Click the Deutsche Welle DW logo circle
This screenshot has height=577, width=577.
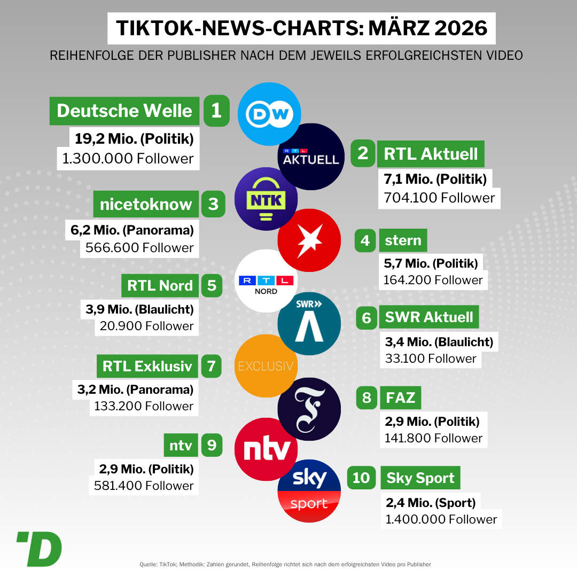[268, 114]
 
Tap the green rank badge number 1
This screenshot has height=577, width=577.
[216, 111]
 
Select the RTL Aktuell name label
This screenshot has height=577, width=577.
[431, 154]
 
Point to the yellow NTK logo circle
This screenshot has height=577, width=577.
[266, 199]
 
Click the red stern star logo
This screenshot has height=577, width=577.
[309, 240]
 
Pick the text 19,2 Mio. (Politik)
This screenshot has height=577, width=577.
[134, 139]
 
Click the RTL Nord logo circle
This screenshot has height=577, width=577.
[266, 281]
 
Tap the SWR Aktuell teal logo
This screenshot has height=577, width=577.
[309, 324]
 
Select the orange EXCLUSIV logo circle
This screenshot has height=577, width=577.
[266, 366]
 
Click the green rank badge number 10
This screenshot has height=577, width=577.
[361, 477]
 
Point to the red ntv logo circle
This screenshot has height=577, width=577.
[266, 449]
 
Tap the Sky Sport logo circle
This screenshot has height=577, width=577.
[309, 490]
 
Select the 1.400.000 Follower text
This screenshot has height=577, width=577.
[441, 519]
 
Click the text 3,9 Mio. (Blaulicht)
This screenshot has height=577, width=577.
[139, 309]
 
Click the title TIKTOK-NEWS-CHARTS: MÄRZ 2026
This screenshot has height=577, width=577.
[301, 28]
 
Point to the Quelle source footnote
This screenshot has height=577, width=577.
[285, 564]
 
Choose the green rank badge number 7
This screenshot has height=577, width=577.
[211, 366]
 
